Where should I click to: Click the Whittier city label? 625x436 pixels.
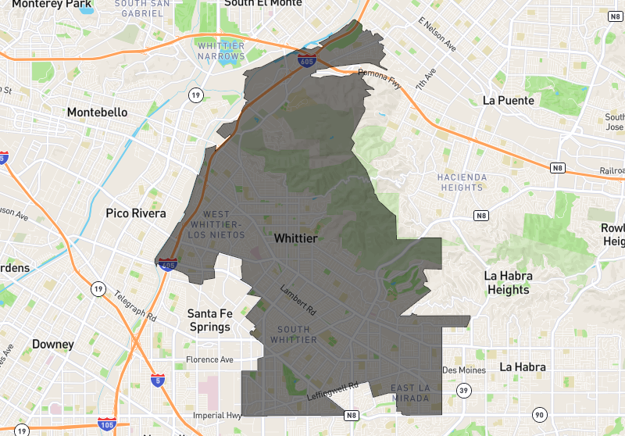[x=295, y=238]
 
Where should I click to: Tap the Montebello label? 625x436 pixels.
[x=97, y=113]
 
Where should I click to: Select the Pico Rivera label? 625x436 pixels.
[x=136, y=213]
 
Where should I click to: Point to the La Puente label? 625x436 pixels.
[x=509, y=101]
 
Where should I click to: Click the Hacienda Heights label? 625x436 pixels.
[x=462, y=182]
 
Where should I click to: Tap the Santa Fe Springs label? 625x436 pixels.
[x=210, y=320]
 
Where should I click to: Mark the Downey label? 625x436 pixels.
[x=53, y=345]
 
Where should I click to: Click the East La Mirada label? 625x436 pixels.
[x=410, y=394]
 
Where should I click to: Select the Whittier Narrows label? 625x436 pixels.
[x=221, y=51]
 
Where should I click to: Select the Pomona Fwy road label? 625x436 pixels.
[x=379, y=79]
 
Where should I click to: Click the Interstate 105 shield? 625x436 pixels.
[x=107, y=424]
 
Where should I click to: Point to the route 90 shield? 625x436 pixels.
[x=539, y=414]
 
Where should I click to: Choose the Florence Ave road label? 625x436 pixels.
[x=209, y=360]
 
